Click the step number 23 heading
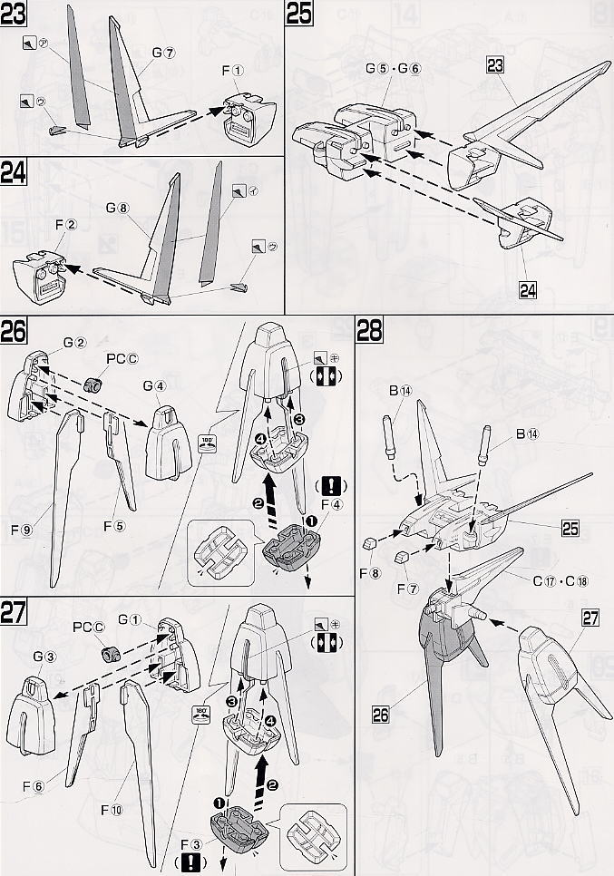[15, 15]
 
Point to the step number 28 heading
[369, 332]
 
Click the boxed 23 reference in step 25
[495, 65]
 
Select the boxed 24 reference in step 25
[527, 290]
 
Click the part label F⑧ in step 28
[367, 572]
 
